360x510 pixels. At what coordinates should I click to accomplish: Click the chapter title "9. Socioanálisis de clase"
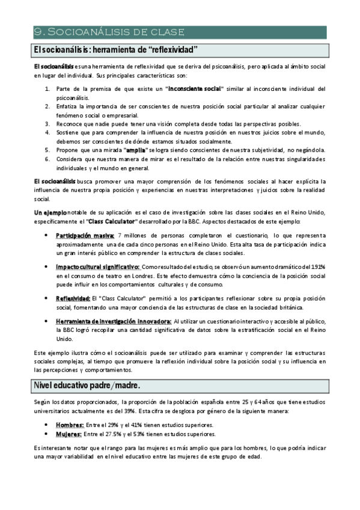(x=109, y=32)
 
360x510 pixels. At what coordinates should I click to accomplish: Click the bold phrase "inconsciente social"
(x=195, y=89)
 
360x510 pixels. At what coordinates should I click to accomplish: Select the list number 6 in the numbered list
(x=47, y=159)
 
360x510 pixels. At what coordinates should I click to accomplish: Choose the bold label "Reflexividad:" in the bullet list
(x=74, y=298)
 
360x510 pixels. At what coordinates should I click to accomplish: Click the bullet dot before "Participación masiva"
(x=47, y=235)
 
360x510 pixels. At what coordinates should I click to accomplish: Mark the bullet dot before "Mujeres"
(x=47, y=434)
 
